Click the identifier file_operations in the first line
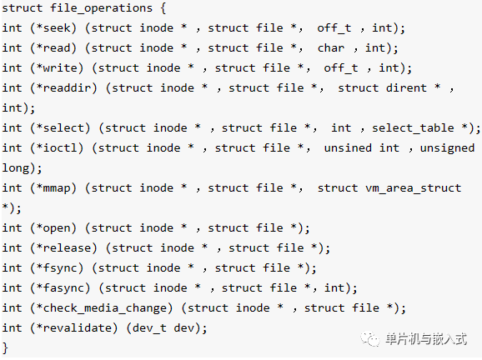102,8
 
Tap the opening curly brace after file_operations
163,8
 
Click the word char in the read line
331,48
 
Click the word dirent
406,88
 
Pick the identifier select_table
413,128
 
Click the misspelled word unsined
348,148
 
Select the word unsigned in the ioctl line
447,148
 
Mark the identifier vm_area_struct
413,188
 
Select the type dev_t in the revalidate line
149,328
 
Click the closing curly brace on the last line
5,348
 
